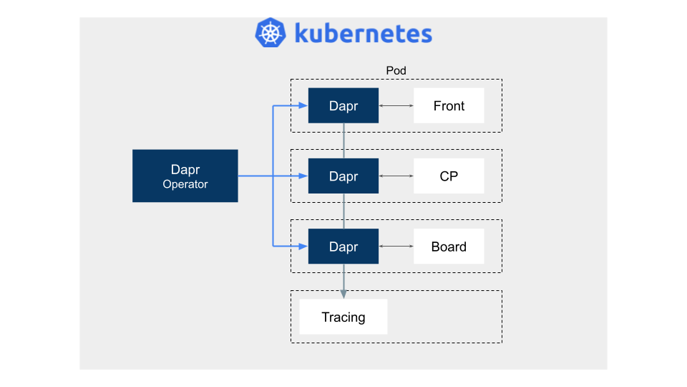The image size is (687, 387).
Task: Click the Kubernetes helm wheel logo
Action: point(271,32)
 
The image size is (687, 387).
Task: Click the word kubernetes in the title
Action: point(364,34)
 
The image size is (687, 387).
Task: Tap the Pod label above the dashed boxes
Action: point(396,71)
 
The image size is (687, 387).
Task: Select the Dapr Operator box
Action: point(185,176)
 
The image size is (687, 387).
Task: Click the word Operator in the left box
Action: point(185,184)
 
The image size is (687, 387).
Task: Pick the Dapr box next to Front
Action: point(343,106)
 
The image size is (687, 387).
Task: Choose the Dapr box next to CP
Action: point(343,176)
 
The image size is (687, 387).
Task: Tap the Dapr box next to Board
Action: point(343,246)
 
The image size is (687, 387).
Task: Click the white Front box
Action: point(449,106)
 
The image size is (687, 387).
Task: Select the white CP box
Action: point(449,176)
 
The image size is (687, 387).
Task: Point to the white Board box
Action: point(449,246)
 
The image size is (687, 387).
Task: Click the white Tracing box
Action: point(343,317)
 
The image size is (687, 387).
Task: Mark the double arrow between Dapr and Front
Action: point(396,106)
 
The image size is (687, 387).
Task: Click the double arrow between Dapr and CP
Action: point(396,176)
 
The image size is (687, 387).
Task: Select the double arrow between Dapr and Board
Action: point(396,246)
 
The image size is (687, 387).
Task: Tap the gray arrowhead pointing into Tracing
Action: point(343,295)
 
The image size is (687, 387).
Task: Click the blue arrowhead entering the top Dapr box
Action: point(303,105)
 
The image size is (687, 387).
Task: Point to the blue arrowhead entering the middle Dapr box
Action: point(303,176)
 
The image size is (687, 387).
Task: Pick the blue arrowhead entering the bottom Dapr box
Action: point(303,246)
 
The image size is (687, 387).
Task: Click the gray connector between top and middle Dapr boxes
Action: point(343,141)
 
